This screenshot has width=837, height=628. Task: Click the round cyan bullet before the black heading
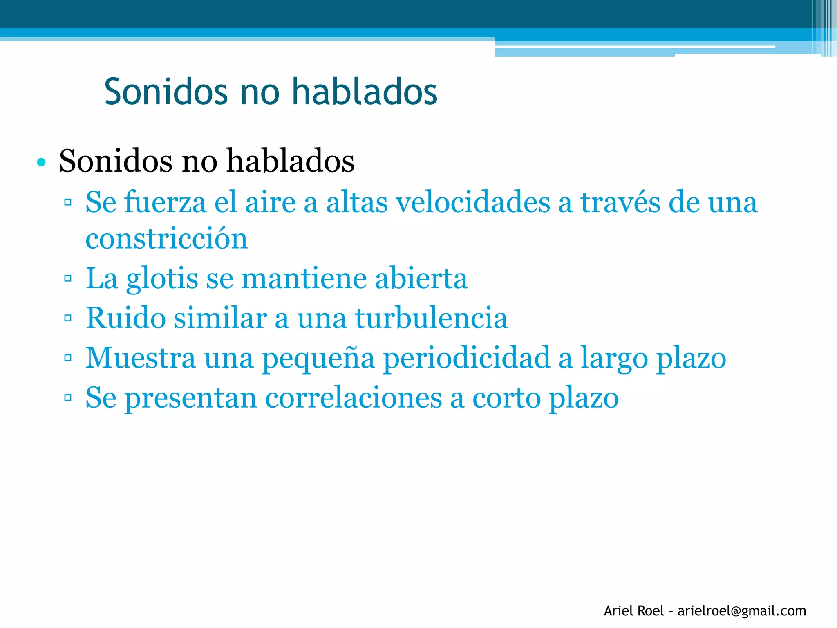(41, 162)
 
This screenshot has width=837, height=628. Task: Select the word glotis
(162, 279)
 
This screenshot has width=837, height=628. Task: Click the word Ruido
(125, 318)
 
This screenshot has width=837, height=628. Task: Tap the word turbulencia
(431, 318)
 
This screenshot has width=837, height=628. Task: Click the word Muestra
(141, 358)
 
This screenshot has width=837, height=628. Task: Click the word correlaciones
(354, 398)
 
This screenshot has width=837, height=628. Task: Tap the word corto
(506, 398)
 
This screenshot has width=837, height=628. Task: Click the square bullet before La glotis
(68, 278)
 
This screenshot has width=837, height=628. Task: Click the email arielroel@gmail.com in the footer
(742, 611)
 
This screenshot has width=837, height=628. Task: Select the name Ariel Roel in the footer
(633, 611)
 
